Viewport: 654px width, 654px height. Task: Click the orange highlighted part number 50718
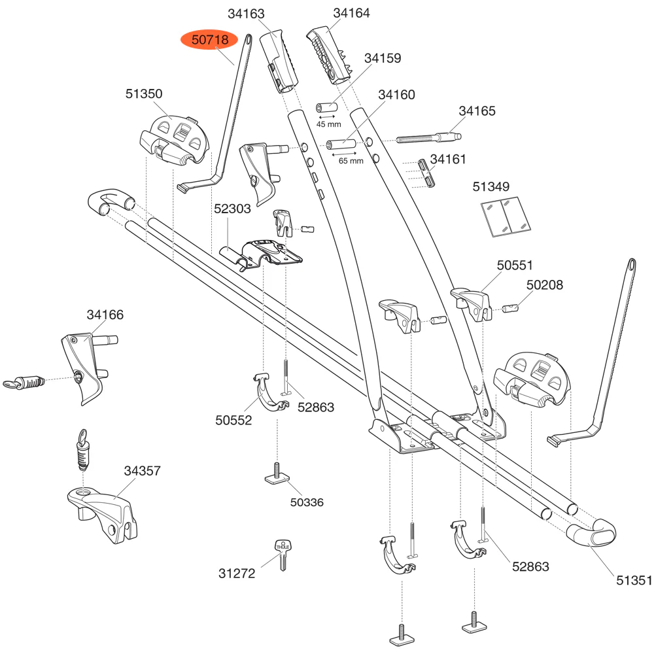point(210,41)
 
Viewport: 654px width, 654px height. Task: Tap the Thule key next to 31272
point(283,555)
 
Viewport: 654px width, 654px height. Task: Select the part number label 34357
point(143,471)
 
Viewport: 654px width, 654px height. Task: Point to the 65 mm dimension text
point(351,161)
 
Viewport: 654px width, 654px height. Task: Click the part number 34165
point(477,111)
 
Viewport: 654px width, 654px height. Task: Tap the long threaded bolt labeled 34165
point(429,139)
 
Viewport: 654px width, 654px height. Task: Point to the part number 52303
point(232,209)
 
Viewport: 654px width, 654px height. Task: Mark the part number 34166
point(105,315)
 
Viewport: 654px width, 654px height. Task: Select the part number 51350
point(144,94)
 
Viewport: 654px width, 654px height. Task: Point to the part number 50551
point(515,266)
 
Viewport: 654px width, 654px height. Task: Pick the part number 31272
point(237,574)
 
